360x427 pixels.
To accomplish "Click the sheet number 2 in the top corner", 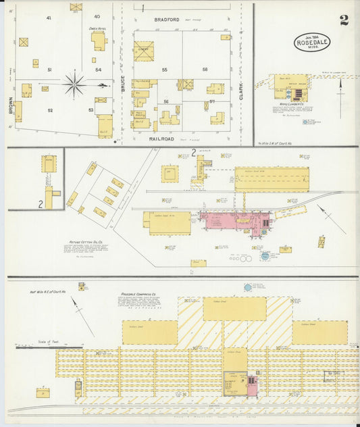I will tap(344, 20).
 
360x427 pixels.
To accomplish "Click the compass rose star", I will tap(74, 85).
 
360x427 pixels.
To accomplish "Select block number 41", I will tap(49, 18).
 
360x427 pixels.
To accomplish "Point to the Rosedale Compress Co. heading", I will tap(138, 295).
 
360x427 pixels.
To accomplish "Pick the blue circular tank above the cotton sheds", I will tap(248, 288).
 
